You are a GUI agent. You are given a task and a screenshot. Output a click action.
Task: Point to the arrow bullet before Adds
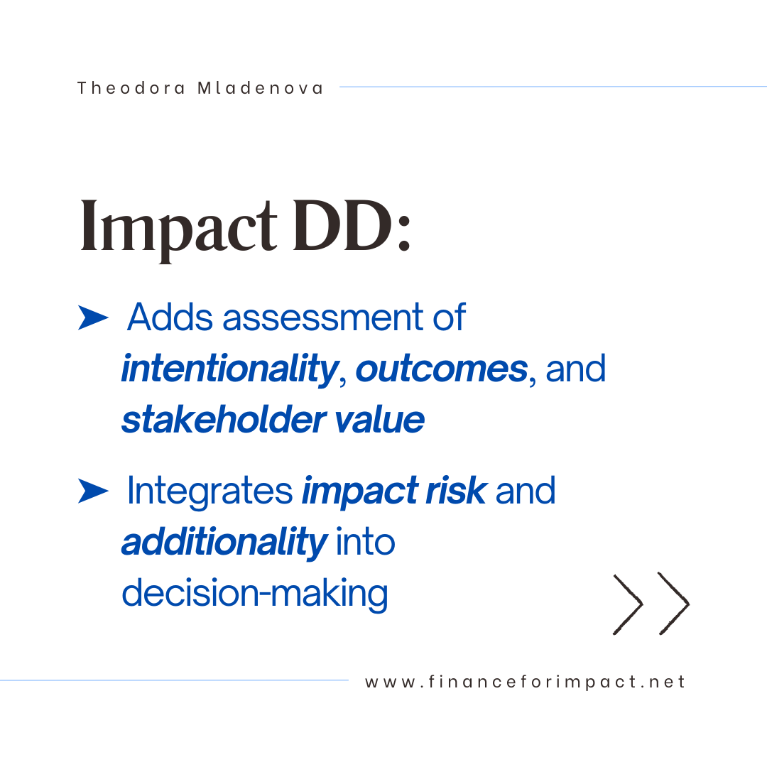93,319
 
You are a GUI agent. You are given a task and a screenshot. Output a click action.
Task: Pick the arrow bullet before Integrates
93,491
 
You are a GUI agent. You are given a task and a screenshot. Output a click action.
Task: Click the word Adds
170,317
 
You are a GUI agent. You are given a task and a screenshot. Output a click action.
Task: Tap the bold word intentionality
229,369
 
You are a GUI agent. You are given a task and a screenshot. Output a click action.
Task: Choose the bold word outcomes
441,369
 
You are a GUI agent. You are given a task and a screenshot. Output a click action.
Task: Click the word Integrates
210,491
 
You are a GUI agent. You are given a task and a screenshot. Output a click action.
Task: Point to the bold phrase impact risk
394,491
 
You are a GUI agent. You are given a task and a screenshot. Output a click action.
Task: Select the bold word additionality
224,542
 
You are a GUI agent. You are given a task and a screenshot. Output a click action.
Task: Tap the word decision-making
254,593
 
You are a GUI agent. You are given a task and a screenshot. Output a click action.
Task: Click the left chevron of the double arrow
629,604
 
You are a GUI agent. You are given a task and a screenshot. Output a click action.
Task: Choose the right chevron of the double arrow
673,604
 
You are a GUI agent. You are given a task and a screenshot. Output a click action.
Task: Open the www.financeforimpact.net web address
526,682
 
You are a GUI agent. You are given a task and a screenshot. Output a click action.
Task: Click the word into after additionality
365,542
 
